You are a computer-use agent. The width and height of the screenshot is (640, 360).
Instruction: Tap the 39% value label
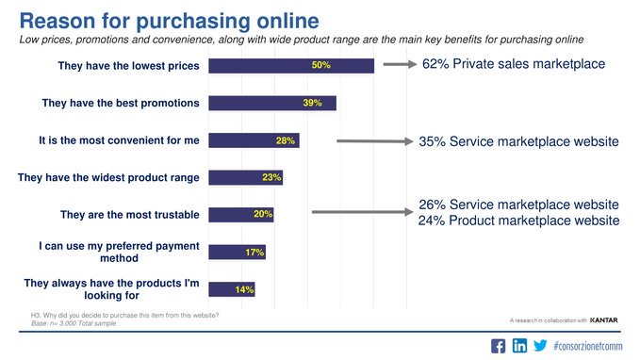[313, 103]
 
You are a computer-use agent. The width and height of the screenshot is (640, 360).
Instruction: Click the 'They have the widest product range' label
[108, 176]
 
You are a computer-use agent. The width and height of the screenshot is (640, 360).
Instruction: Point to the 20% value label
[263, 214]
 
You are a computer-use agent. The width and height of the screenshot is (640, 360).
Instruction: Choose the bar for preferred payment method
[237, 252]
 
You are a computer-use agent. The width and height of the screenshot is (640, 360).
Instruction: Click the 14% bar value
[244, 289]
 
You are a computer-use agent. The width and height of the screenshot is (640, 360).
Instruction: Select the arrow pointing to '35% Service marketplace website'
[373, 142]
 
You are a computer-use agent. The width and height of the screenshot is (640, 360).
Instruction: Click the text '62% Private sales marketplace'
[513, 65]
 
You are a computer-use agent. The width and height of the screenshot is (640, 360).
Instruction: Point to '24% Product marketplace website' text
[518, 221]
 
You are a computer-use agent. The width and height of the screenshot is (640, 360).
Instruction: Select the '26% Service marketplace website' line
[518, 205]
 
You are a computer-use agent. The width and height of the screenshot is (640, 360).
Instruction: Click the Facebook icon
[499, 345]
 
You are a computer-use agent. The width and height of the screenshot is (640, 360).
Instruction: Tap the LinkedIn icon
[519, 345]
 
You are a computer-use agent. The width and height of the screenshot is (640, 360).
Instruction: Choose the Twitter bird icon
[540, 345]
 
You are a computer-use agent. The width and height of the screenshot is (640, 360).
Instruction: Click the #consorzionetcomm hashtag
[590, 345]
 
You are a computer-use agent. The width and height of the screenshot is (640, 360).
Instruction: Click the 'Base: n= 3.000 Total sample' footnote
[79, 323]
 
